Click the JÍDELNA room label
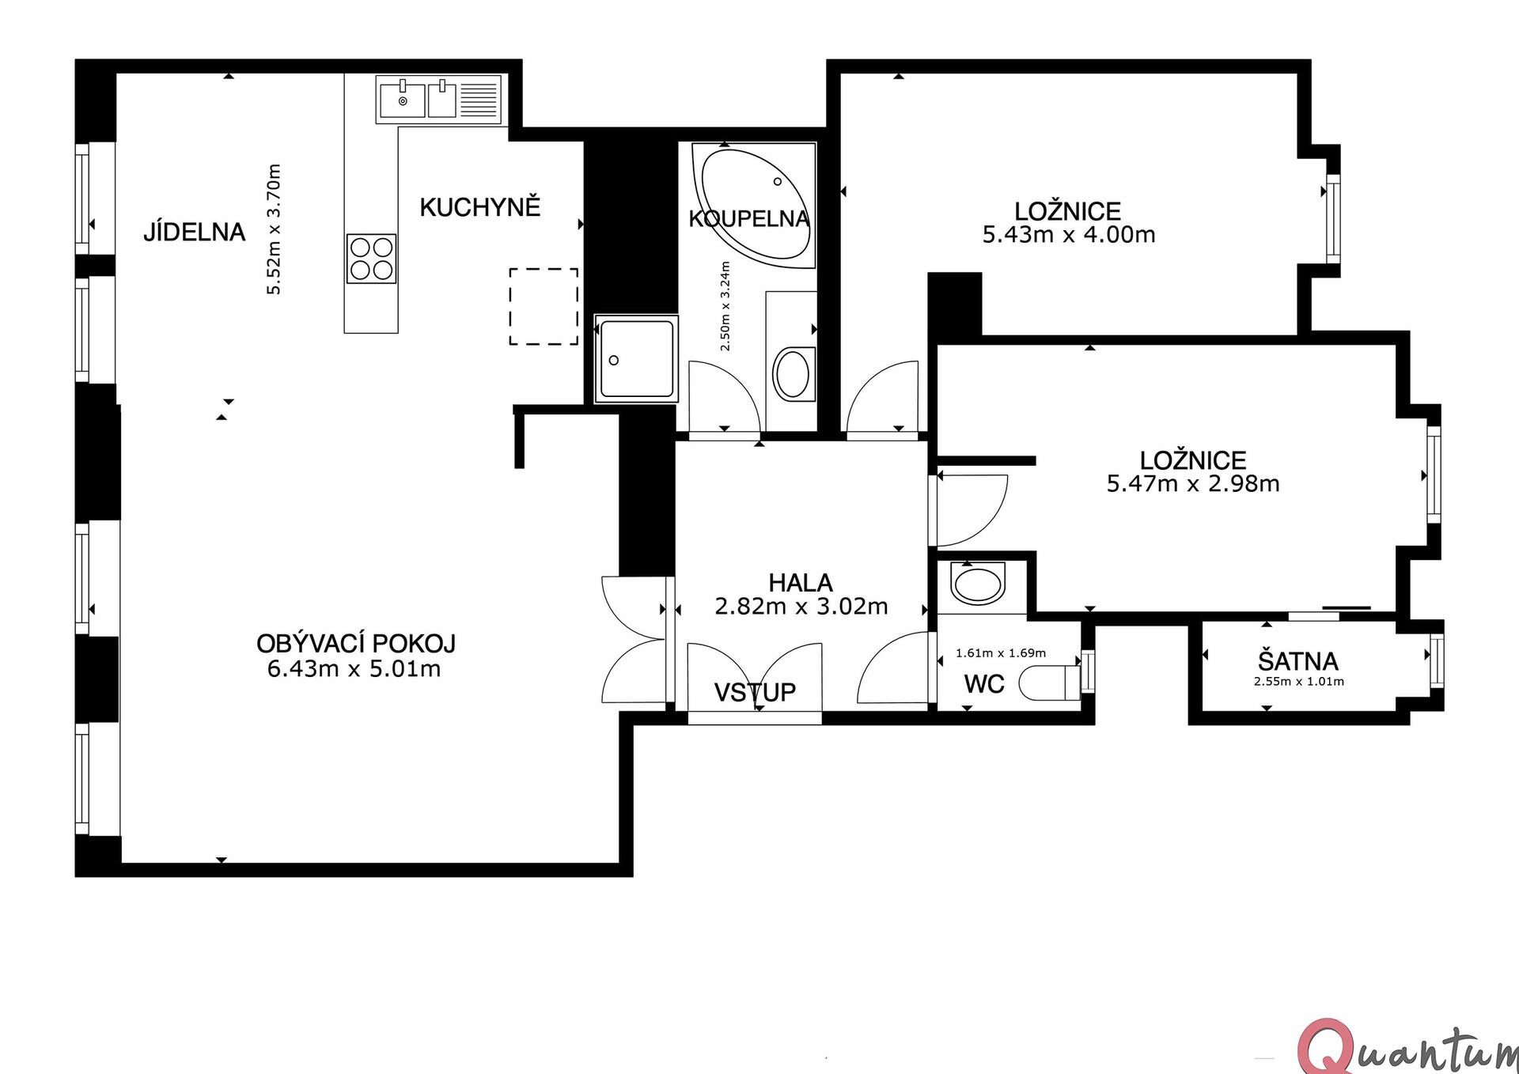[194, 232]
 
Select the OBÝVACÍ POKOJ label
[356, 643]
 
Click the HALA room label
[801, 583]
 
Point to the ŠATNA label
[1298, 660]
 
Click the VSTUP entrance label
[755, 692]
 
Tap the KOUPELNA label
[748, 218]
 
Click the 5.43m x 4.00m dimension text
[1069, 235]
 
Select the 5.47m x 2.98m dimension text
[1193, 483]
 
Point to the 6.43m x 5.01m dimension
[354, 669]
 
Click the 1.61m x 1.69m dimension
[1001, 653]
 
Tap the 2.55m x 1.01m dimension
[1298, 681]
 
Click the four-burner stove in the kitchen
[372, 259]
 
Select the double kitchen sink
[438, 100]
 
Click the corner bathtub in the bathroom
[753, 205]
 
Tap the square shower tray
[636, 358]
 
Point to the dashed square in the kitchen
[544, 307]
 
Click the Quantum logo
[1408, 1048]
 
